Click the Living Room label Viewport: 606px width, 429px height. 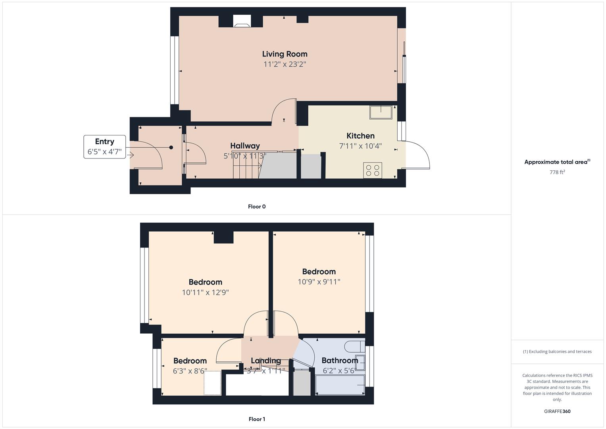pyautogui.click(x=285, y=54)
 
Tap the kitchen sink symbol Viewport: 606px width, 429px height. pyautogui.click(x=381, y=112)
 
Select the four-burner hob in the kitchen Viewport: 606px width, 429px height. pyautogui.click(x=372, y=170)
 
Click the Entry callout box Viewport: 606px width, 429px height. pyautogui.click(x=105, y=147)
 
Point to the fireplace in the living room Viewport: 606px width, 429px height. pyautogui.click(x=242, y=22)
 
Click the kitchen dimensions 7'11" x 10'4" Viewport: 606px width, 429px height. pyautogui.click(x=360, y=146)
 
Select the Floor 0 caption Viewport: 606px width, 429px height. pyautogui.click(x=257, y=207)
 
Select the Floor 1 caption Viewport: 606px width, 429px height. pyautogui.click(x=257, y=419)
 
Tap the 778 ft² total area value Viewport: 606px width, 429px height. pyautogui.click(x=557, y=172)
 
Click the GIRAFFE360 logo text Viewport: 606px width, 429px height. pyautogui.click(x=557, y=411)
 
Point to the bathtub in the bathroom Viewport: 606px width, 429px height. pyautogui.click(x=340, y=385)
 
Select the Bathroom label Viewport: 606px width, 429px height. pyautogui.click(x=340, y=360)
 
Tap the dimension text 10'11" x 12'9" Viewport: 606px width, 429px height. pyautogui.click(x=205, y=293)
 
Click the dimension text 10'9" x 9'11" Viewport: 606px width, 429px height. pyautogui.click(x=319, y=282)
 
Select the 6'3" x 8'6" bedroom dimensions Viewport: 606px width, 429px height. pyautogui.click(x=190, y=371)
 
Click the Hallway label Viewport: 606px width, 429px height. pyautogui.click(x=245, y=146)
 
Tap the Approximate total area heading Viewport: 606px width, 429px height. pyautogui.click(x=557, y=162)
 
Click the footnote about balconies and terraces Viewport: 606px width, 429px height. pyautogui.click(x=557, y=352)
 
